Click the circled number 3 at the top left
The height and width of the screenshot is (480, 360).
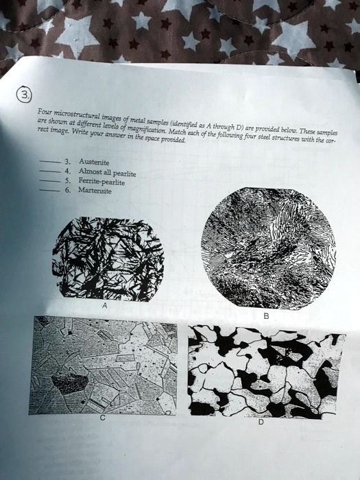tap(23, 95)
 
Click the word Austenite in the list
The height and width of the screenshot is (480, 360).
tap(94, 162)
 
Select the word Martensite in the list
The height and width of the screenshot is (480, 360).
tap(95, 190)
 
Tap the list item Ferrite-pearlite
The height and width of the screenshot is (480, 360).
tap(101, 181)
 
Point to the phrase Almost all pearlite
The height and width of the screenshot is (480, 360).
tap(107, 172)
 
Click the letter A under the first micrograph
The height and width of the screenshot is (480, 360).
tap(104, 306)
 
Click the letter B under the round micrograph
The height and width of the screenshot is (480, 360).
tap(266, 316)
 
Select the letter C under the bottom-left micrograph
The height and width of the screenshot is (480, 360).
tap(103, 418)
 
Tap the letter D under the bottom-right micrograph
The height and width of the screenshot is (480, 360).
tap(261, 422)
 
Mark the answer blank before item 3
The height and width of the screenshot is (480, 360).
tap(50, 161)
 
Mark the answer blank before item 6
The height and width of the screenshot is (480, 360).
tap(50, 190)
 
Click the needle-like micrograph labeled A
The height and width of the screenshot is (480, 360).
tap(108, 259)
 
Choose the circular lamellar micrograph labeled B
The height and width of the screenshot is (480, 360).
tap(268, 248)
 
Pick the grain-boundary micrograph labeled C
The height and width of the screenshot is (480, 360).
tap(103, 365)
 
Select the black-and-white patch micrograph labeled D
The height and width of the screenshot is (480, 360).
tap(266, 372)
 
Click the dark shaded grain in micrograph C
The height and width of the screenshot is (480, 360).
tap(70, 384)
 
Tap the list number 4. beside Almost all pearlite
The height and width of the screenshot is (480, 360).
tap(68, 171)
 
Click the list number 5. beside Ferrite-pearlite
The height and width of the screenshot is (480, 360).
tap(68, 180)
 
